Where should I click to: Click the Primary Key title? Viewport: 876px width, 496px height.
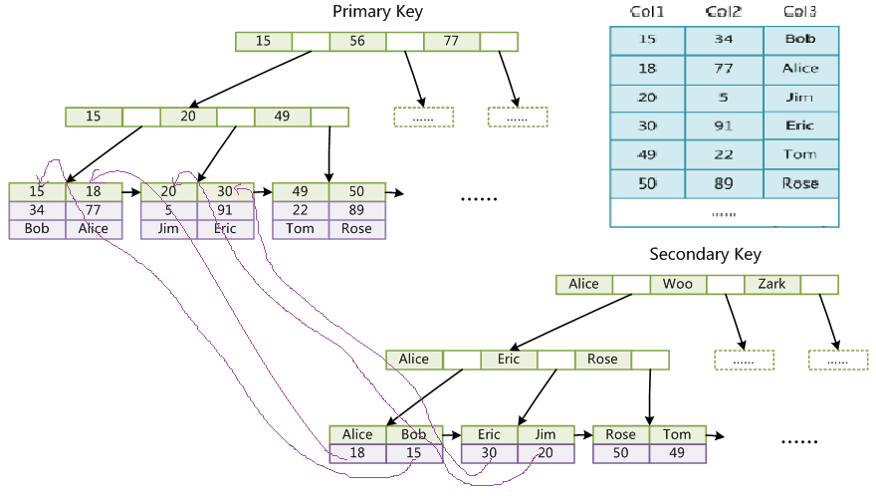point(377,12)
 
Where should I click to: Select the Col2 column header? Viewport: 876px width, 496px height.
point(724,12)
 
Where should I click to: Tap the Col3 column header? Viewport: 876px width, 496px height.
point(800,12)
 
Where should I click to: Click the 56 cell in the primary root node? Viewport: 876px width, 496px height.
point(357,41)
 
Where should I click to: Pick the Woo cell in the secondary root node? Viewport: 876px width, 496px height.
point(678,284)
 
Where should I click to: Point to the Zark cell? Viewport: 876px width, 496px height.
point(771,284)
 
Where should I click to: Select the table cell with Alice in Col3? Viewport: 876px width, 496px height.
point(800,69)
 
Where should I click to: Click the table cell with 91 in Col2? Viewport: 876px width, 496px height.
point(724,126)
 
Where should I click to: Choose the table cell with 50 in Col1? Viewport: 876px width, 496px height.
point(647,183)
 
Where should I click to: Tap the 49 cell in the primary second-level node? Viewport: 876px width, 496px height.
point(282,117)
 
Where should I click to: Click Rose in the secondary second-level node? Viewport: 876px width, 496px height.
point(602,360)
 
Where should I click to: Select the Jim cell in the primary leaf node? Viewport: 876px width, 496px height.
point(168,228)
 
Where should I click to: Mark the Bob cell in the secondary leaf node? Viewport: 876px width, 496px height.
point(414,434)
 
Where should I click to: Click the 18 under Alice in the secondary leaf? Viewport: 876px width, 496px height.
point(357,453)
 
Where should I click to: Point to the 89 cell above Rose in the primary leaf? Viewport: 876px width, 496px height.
point(356,210)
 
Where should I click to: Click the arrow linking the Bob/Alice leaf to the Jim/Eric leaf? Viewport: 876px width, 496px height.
point(131,191)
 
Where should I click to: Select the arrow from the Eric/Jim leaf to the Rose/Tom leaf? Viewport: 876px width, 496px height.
point(583,434)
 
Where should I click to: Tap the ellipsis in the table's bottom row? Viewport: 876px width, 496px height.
point(724,213)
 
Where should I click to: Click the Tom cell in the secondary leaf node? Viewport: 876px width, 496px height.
point(677,434)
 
